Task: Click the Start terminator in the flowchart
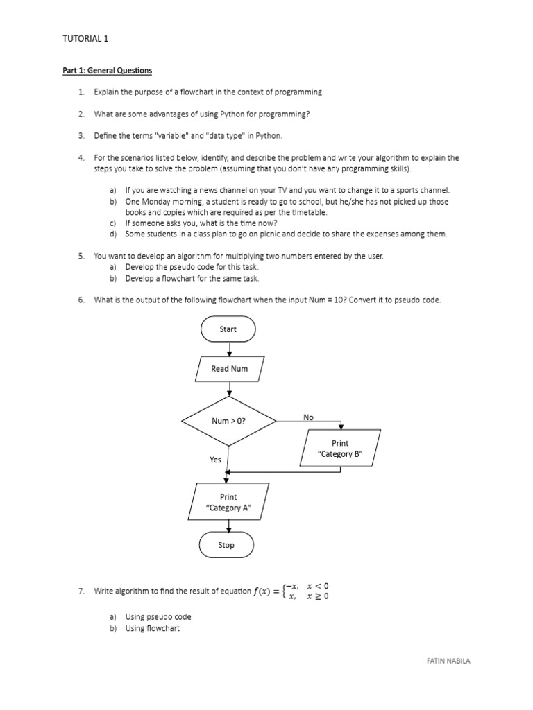click(228, 329)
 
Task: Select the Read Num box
click(229, 369)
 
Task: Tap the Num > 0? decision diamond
click(229, 421)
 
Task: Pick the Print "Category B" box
click(340, 449)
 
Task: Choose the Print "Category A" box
click(228, 502)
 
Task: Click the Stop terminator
click(226, 545)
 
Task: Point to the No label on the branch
click(308, 417)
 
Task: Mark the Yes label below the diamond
click(215, 460)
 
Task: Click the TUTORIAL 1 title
click(85, 39)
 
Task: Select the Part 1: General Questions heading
click(107, 71)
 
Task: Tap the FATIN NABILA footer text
click(448, 661)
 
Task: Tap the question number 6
click(81, 300)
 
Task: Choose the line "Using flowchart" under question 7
click(152, 628)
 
